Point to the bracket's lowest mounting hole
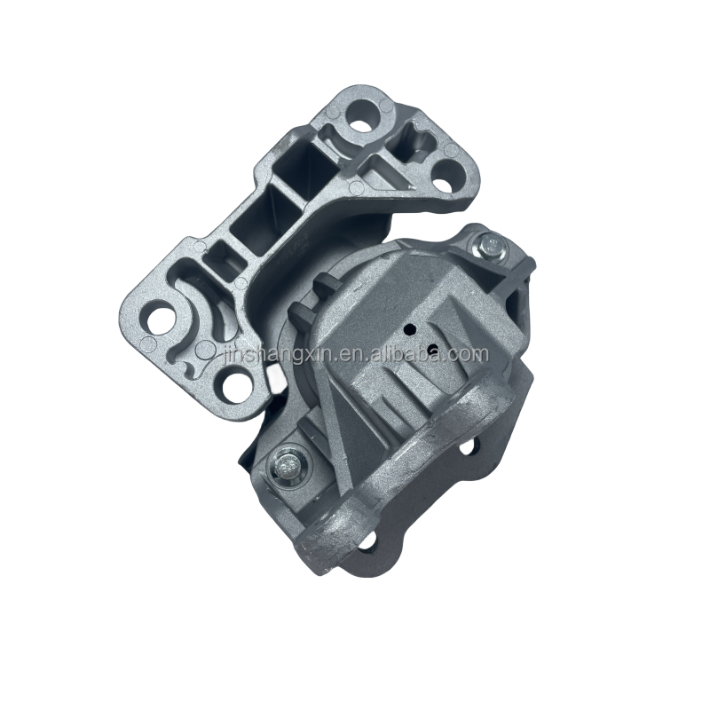233,386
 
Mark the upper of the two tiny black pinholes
409,329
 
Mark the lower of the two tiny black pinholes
433,349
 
